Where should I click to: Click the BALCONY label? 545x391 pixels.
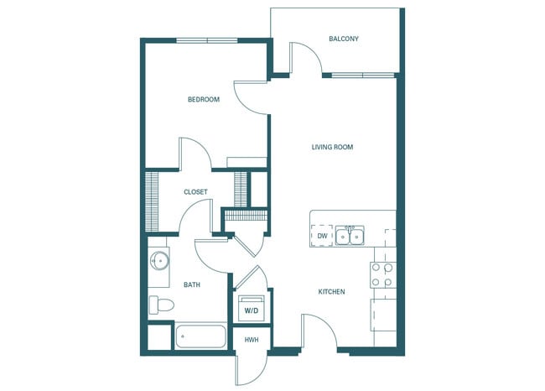pos(344,39)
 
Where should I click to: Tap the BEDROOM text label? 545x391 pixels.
pos(203,100)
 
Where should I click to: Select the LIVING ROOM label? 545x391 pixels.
pos(332,147)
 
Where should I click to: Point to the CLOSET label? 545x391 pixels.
pos(195,192)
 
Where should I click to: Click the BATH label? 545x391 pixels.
pos(192,285)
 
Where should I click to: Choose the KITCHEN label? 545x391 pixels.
pos(331,292)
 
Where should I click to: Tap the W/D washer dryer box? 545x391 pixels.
pos(252,310)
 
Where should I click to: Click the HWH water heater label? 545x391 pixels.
pos(252,340)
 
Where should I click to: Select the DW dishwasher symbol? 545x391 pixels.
pos(322,237)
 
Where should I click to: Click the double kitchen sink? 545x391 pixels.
pos(350,237)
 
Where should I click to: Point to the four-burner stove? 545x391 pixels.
pos(382,275)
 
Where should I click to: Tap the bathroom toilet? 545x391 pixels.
pos(160,305)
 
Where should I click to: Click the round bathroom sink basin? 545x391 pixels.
pos(158,260)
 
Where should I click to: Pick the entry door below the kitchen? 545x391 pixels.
pos(320,331)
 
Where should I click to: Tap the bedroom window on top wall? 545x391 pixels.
pos(205,39)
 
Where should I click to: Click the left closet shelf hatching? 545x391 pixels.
pos(153,201)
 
